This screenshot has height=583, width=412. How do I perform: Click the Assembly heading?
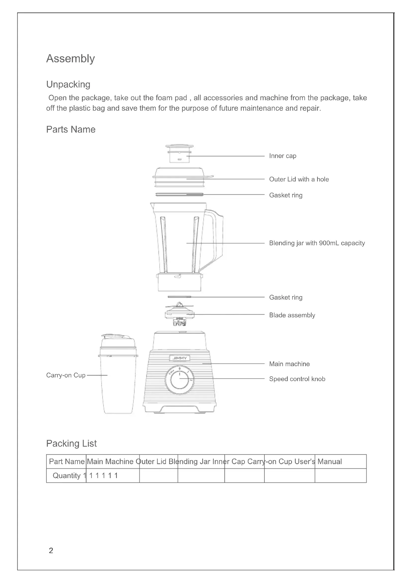70,59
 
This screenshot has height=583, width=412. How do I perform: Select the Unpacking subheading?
68,84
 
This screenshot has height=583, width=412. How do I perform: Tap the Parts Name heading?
70,130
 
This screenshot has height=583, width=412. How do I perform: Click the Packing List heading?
71,443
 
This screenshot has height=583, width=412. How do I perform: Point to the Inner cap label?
282,156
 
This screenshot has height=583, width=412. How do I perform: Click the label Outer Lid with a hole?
299,179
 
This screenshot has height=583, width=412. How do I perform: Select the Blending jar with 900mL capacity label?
317,243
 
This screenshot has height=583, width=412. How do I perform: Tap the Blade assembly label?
292,315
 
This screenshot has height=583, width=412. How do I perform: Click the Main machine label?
289,364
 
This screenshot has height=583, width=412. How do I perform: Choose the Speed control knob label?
297,379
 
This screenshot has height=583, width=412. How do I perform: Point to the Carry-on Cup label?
66,375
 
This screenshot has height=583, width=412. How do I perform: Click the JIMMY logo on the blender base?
179,358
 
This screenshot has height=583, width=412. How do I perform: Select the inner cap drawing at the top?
179,154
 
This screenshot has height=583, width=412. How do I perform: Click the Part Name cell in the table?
67,461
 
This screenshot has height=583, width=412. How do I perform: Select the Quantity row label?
67,476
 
